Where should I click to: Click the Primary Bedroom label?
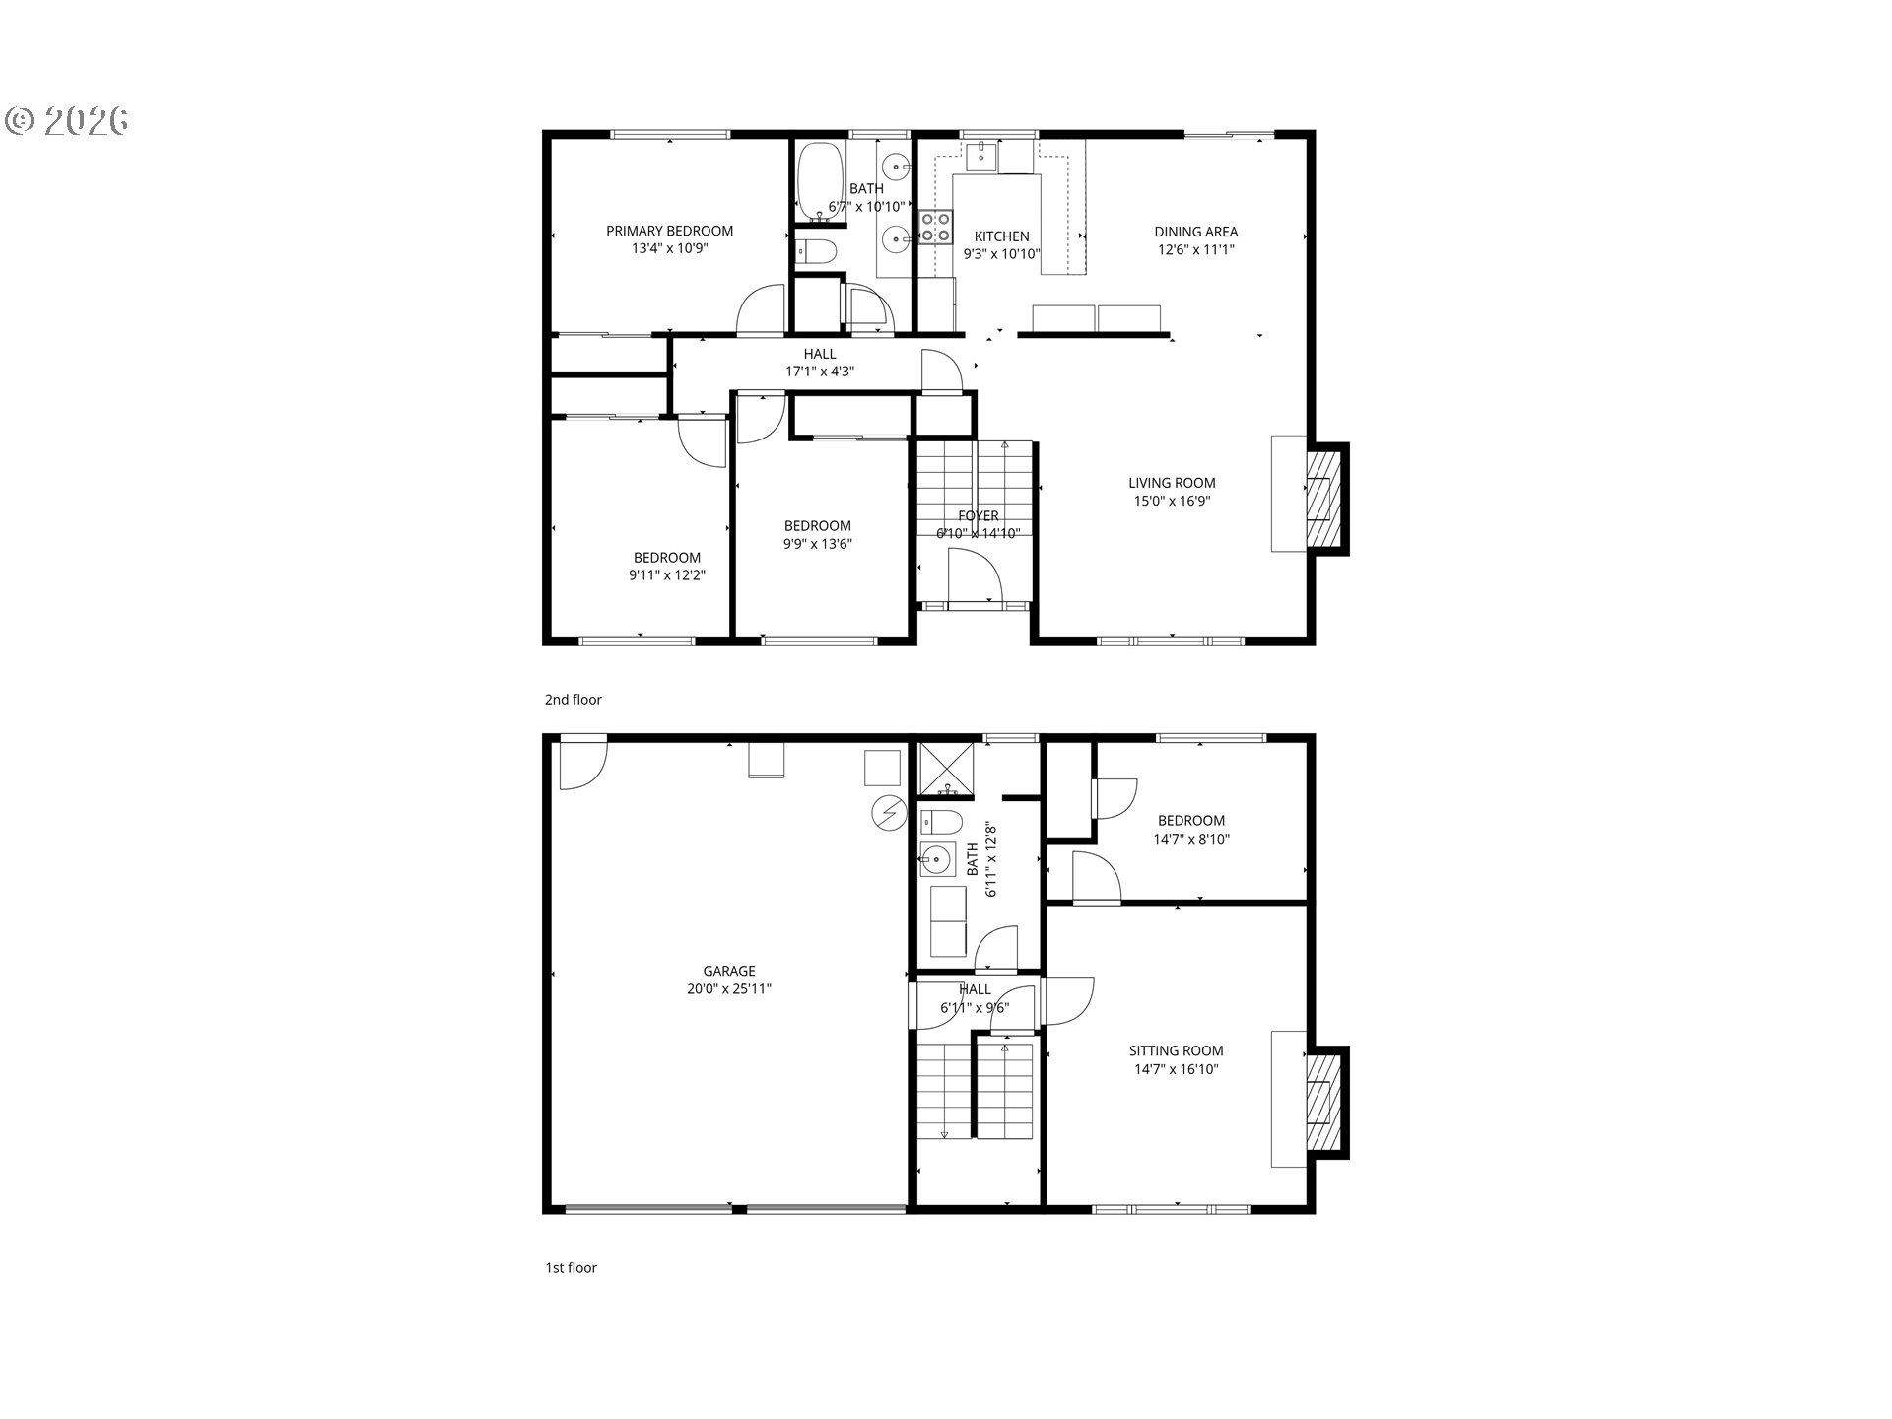669,231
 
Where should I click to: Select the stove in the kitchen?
936,228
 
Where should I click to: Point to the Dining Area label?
1195,232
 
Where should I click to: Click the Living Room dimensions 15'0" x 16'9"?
1172,501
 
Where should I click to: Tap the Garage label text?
729,971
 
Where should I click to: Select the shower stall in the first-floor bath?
946,770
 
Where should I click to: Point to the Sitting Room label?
1176,1050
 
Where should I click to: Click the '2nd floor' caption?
574,700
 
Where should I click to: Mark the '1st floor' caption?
572,1268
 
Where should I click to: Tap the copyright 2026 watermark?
67,120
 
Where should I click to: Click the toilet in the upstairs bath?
816,251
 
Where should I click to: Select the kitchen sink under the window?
980,155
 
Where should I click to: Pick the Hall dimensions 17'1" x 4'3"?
819,372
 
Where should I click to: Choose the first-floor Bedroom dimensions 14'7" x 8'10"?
1191,840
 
